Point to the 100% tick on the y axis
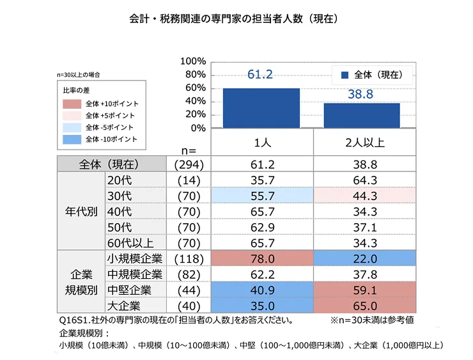click(193, 61)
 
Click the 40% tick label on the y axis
click(196, 101)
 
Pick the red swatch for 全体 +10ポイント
click(72, 103)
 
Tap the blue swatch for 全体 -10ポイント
click(72, 139)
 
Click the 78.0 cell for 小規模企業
click(261, 259)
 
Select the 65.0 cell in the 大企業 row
click(362, 306)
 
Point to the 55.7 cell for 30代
click(261, 196)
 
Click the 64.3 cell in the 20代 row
click(362, 180)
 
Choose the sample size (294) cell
click(188, 164)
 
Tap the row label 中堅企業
click(130, 290)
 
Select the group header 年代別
click(81, 211)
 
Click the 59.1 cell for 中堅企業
click(362, 290)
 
